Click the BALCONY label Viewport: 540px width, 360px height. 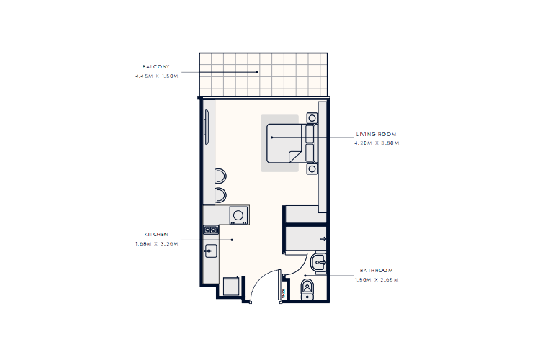[x=156, y=66]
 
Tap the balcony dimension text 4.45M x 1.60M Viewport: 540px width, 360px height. [x=156, y=75]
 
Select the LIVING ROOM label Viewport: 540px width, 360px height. [x=377, y=135]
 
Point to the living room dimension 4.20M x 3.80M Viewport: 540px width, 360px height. [x=377, y=143]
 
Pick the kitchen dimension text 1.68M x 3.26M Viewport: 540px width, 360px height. [x=156, y=243]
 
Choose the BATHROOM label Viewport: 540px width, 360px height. [x=377, y=271]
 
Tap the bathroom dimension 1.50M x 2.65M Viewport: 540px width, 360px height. [x=377, y=279]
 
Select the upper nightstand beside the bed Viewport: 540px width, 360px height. [x=312, y=118]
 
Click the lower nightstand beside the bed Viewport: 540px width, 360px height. [x=312, y=168]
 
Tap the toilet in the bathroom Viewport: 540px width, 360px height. [x=308, y=289]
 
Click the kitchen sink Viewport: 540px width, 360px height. [x=211, y=251]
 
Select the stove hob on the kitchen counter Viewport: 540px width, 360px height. [x=211, y=230]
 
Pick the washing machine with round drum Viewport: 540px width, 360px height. [x=238, y=215]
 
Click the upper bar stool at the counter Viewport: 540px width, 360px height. [x=220, y=175]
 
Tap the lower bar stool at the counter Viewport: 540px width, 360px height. [x=220, y=194]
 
